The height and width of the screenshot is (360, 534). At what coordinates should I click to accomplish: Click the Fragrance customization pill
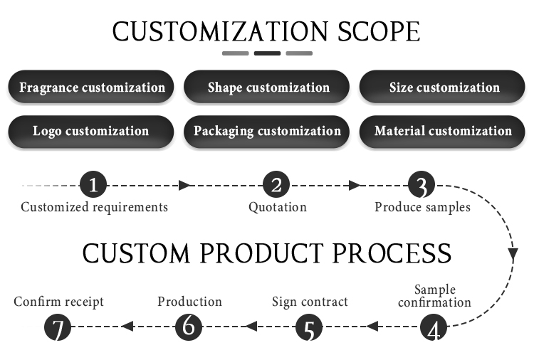point(91,87)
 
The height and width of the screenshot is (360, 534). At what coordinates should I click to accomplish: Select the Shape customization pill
point(267,87)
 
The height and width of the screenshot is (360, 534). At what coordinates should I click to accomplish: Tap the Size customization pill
point(442,87)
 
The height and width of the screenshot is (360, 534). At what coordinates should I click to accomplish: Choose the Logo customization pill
point(91,132)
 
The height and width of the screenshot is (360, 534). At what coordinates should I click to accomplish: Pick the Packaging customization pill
point(267,132)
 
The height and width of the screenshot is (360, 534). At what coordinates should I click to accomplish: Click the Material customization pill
point(442,132)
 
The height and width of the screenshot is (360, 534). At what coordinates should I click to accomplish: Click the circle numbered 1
point(93,185)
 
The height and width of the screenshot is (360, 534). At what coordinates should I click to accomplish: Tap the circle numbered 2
point(276,185)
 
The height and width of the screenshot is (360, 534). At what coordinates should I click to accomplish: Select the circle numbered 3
point(422,185)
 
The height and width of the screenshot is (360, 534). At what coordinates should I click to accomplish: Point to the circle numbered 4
point(434,327)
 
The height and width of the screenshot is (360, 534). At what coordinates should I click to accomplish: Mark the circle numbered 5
point(309,327)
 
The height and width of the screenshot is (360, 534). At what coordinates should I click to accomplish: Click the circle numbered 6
point(189,327)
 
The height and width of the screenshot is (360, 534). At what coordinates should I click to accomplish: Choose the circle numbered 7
point(58,327)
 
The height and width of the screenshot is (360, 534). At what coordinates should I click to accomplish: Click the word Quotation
point(278,207)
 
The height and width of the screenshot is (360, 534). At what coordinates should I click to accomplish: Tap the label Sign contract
point(310,302)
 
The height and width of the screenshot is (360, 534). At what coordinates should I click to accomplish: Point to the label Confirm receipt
point(58,302)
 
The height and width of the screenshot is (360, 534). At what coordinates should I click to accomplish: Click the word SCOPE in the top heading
point(379,31)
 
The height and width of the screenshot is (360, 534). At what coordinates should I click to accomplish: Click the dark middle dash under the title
point(267,53)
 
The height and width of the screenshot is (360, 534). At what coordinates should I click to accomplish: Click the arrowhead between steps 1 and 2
point(184,186)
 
